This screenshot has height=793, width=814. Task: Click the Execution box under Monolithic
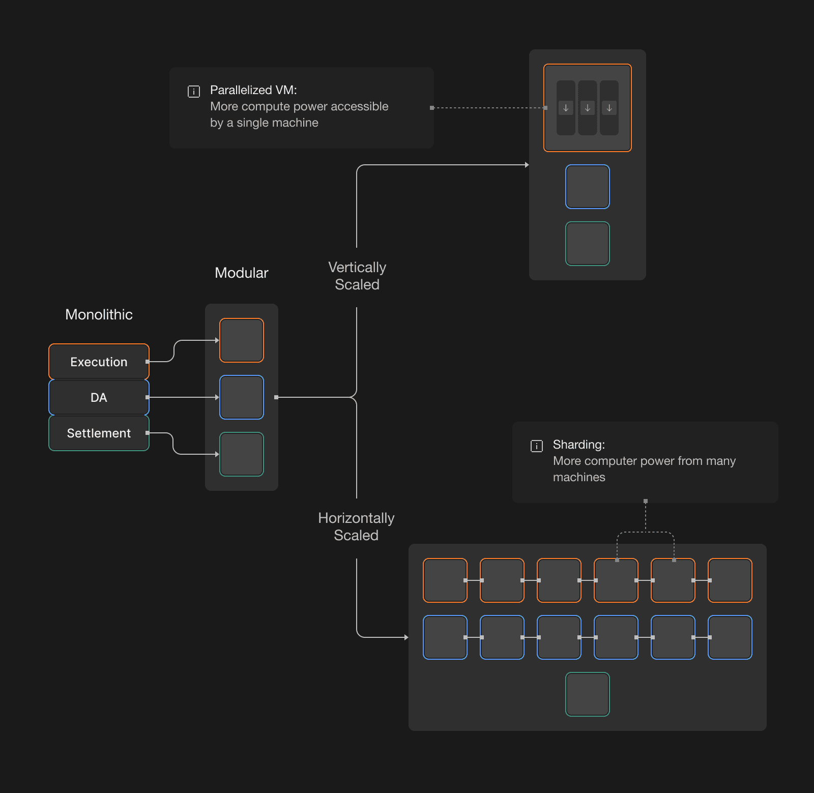99,362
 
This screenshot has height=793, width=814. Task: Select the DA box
99,397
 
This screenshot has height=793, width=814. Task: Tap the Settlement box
99,433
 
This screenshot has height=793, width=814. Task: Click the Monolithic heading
99,314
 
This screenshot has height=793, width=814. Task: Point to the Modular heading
241,273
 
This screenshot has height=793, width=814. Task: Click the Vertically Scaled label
357,276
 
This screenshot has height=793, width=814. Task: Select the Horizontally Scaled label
356,526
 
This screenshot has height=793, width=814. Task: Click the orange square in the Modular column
242,340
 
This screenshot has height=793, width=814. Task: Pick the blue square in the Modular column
242,397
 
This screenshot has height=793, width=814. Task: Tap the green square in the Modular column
242,454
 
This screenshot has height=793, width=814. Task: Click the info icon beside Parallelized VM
194,92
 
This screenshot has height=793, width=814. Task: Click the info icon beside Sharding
537,446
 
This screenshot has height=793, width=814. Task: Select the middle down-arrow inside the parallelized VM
588,108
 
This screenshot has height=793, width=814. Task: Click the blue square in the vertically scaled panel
588,187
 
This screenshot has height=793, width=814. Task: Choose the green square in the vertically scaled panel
588,244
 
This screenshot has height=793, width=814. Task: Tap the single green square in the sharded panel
588,694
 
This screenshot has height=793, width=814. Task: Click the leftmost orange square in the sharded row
445,580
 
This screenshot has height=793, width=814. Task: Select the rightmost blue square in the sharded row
730,637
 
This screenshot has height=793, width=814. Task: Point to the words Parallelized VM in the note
253,90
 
